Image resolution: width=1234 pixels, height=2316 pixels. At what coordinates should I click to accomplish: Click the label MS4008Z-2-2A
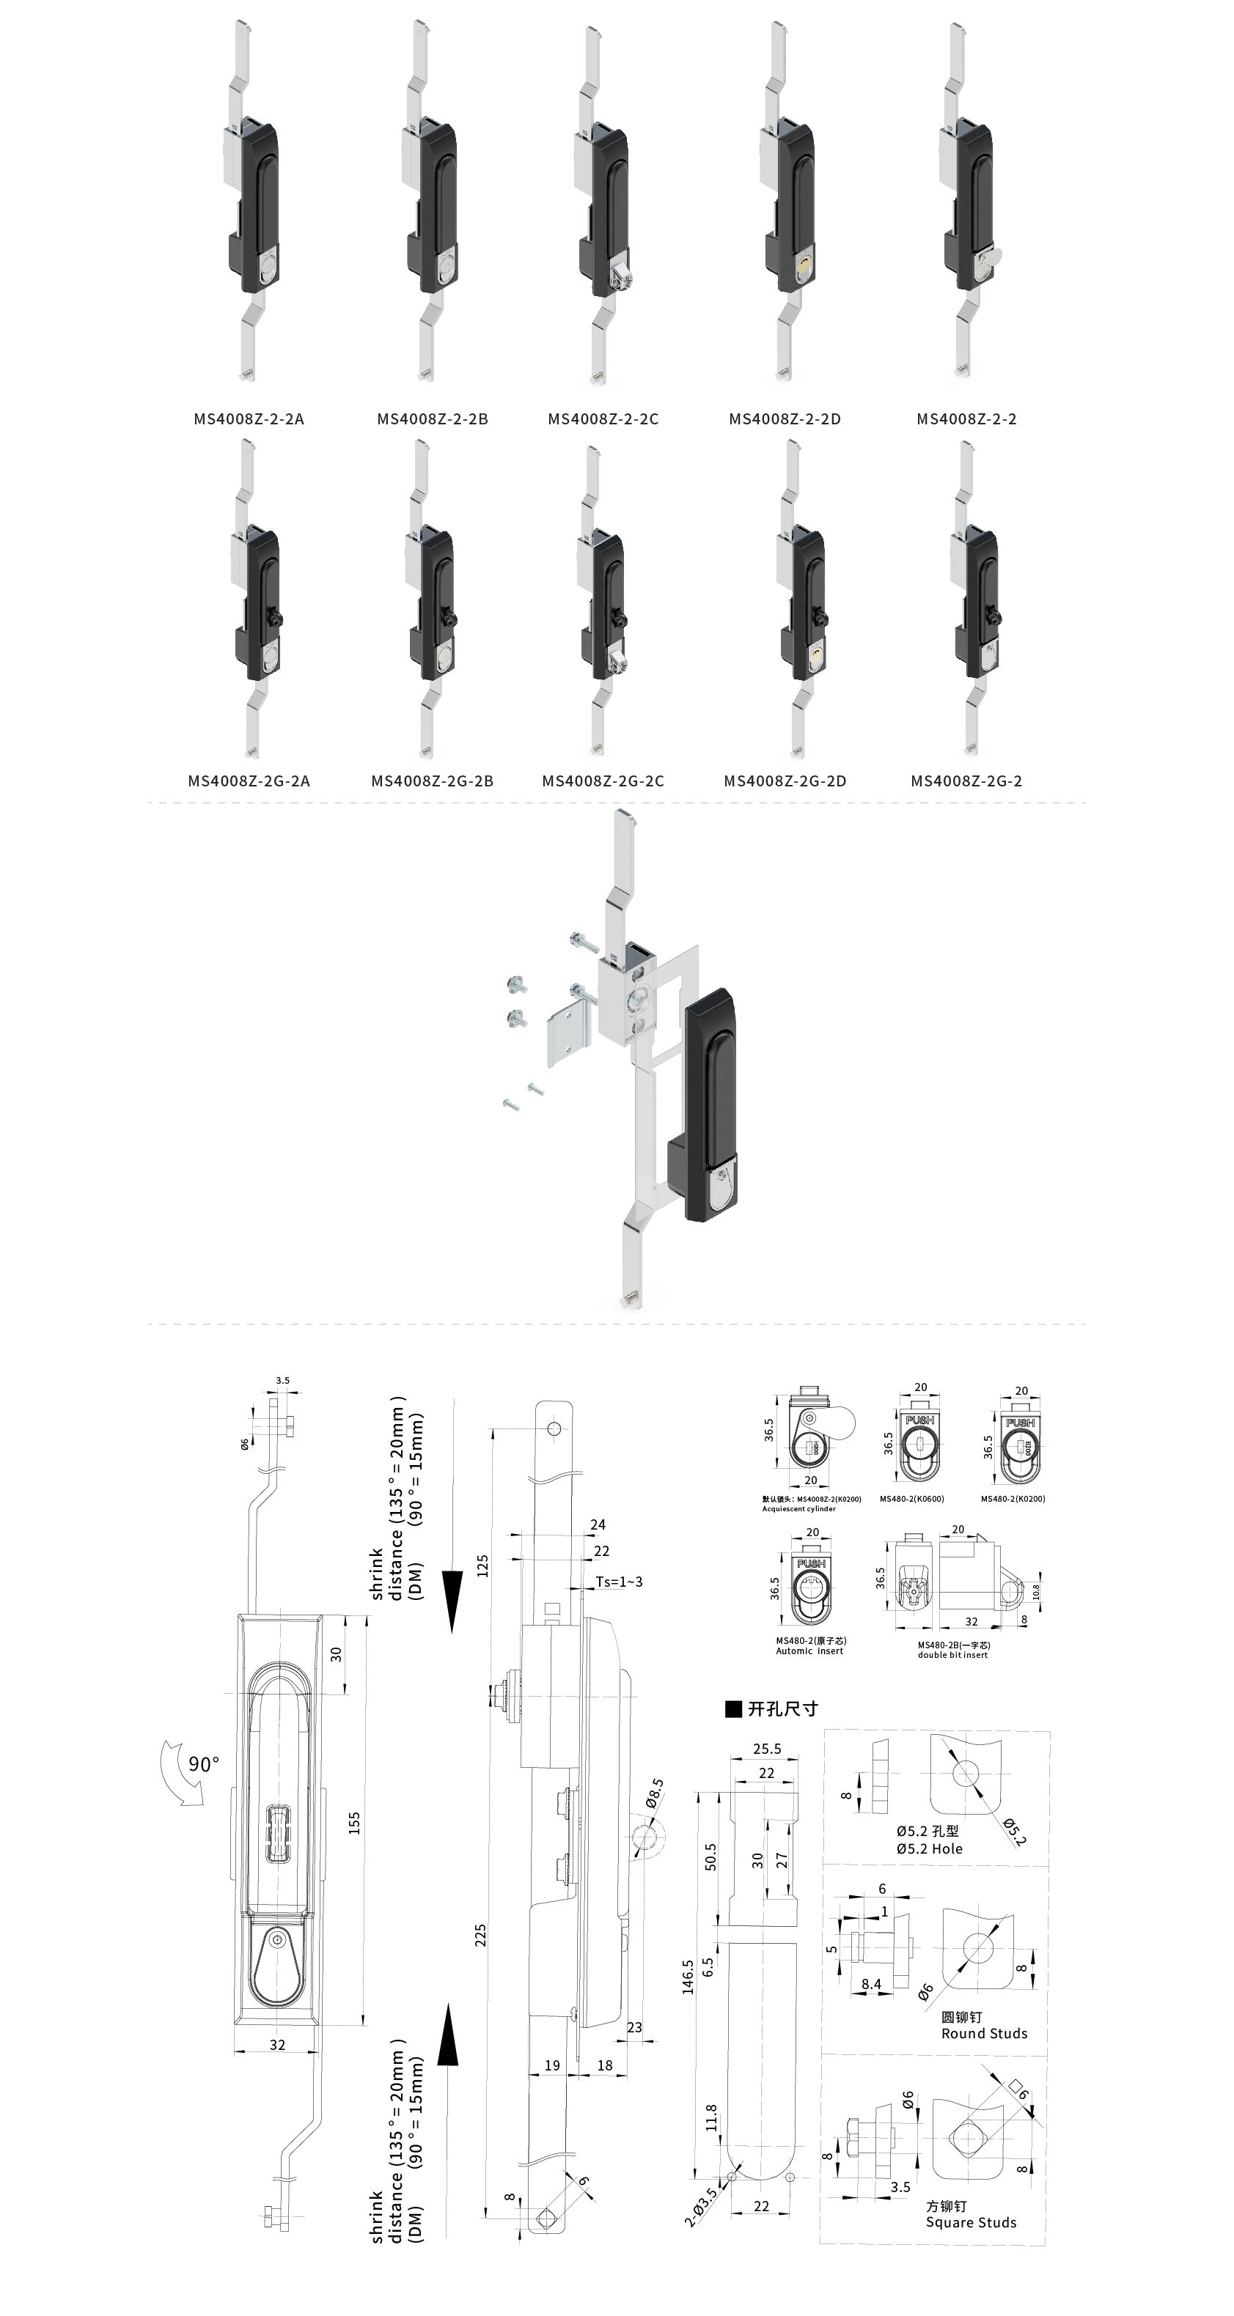[x=249, y=419]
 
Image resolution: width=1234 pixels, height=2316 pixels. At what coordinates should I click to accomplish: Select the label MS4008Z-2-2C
[x=603, y=419]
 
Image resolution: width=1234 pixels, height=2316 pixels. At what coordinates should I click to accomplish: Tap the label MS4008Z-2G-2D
[x=785, y=781]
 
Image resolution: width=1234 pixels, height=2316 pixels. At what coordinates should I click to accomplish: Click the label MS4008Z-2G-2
[x=966, y=781]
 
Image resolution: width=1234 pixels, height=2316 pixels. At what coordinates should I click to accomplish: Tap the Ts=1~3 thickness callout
[x=619, y=1582]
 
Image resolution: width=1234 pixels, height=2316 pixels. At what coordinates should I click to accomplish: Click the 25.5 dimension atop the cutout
[x=766, y=1749]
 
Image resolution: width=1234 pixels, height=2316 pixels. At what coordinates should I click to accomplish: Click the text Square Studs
[x=972, y=2241]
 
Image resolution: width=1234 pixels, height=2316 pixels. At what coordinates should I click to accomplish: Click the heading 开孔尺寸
[x=782, y=1709]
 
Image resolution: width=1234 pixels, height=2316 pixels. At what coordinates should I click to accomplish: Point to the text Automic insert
[x=809, y=1651]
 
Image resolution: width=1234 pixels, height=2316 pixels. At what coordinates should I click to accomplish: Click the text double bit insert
[x=952, y=1655]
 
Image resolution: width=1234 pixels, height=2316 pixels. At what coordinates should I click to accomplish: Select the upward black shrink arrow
[x=448, y=2035]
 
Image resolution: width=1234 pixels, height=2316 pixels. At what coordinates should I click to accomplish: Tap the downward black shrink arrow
[x=452, y=1601]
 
